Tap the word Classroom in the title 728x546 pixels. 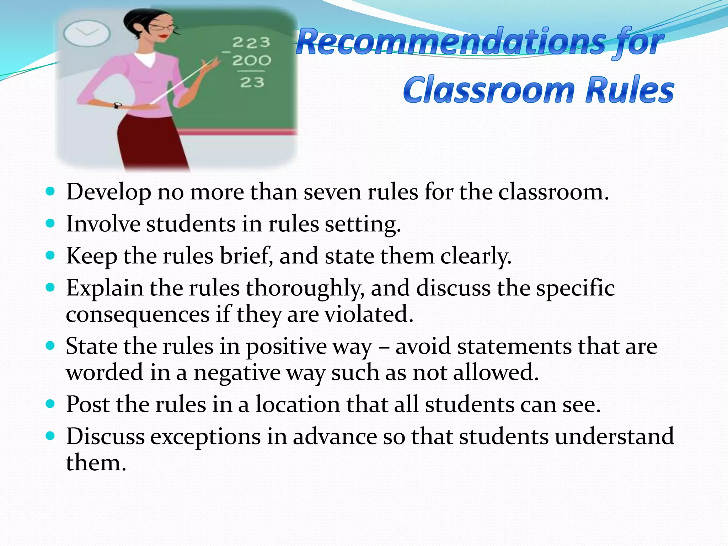pos(489,90)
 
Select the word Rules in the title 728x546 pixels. pos(630,90)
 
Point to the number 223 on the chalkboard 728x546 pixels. pos(251,43)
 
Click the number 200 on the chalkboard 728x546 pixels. pos(251,60)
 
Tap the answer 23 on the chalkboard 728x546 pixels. pos(252,82)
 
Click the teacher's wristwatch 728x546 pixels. pos(117,105)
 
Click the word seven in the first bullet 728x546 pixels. pos(332,192)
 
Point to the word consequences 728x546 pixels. pos(138,315)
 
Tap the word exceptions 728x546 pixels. pos(205,437)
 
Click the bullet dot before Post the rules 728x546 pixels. pos(51,404)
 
